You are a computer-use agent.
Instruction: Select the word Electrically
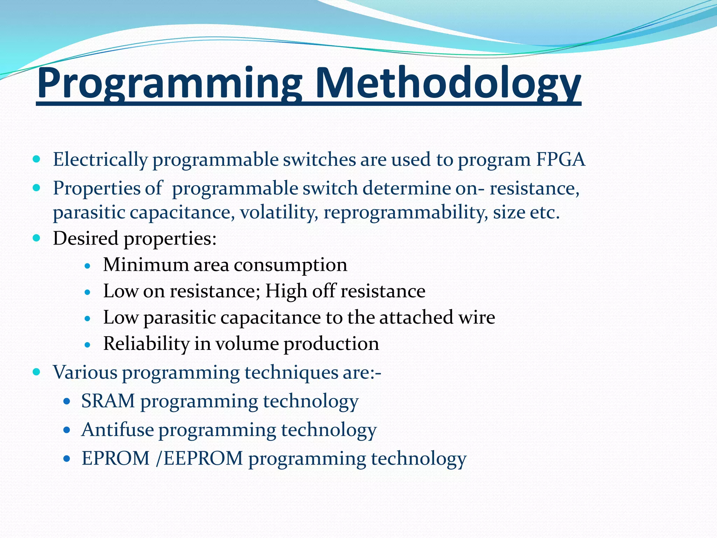click(100, 160)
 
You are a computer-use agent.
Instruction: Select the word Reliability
click(146, 344)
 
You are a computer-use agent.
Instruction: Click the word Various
click(85, 372)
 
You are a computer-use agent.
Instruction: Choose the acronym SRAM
click(108, 401)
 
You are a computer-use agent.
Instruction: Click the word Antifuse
click(118, 429)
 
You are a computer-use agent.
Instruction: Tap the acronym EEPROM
click(203, 458)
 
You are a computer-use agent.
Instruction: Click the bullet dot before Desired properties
click(36, 239)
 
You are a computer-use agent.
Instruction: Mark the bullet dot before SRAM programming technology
click(67, 401)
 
